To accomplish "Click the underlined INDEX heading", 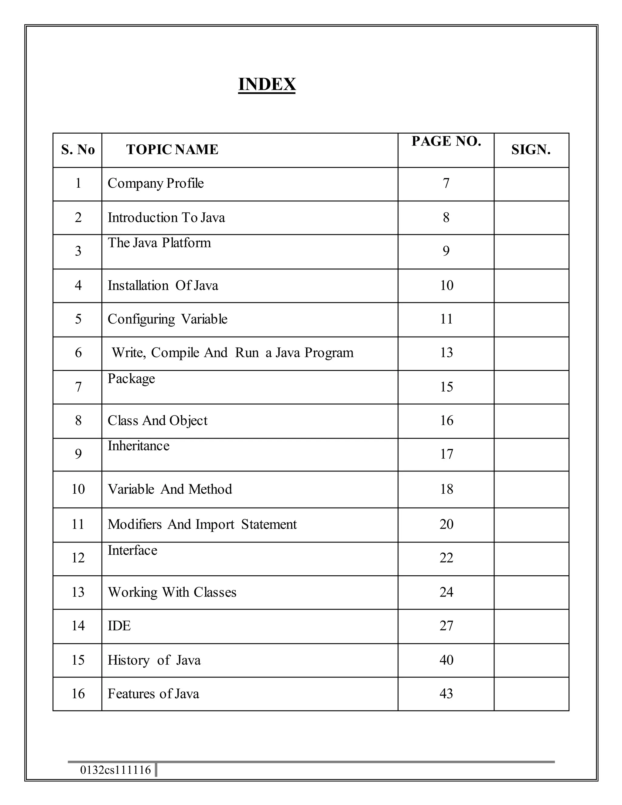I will tap(267, 84).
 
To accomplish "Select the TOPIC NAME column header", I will tap(172, 150).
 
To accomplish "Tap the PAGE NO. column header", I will tap(446, 141).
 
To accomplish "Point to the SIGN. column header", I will tap(531, 150).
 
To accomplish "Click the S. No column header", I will tap(78, 150).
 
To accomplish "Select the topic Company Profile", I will tap(155, 183).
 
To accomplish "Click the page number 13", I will tap(446, 353).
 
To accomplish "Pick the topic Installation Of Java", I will tap(162, 285).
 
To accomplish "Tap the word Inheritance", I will tap(138, 446).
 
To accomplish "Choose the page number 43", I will tap(446, 694).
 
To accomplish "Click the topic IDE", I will tap(119, 626).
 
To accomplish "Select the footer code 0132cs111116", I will tap(115, 770).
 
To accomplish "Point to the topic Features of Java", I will tap(153, 694).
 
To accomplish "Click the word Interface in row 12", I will tap(132, 550).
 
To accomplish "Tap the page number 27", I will tap(446, 626).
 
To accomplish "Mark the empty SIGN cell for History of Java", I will tap(531, 660).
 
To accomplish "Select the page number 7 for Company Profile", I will tap(446, 183).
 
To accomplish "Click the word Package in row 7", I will tap(131, 379).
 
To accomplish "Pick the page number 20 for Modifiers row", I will tap(446, 524).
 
